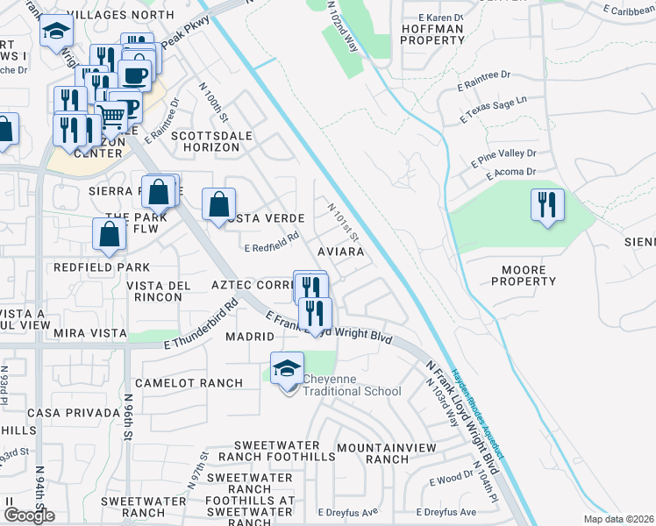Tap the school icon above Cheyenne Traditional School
(287, 367)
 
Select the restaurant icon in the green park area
(547, 206)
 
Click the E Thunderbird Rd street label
(201, 325)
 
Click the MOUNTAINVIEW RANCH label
(374, 453)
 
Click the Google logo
(29, 515)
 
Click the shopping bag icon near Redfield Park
(110, 234)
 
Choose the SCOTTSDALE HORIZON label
(205, 142)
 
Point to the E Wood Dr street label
(451, 480)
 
